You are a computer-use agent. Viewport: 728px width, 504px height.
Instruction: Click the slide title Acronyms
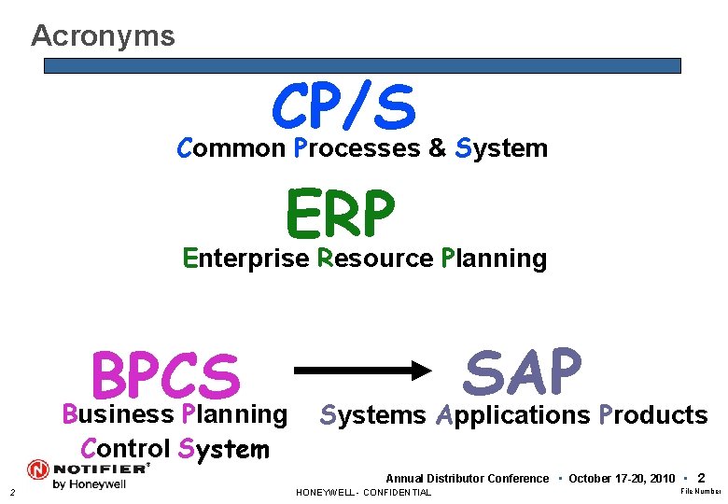click(103, 35)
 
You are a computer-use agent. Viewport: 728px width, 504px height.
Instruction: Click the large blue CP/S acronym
click(343, 105)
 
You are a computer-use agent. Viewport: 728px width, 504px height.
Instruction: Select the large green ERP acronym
click(341, 214)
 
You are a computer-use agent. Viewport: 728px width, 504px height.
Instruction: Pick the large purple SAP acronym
click(523, 371)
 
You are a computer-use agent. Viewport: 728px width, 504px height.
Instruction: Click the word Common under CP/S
click(231, 148)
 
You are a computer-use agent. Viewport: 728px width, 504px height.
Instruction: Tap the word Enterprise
click(245, 259)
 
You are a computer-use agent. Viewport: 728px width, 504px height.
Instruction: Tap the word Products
click(653, 415)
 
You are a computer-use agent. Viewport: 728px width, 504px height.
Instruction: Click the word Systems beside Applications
click(372, 415)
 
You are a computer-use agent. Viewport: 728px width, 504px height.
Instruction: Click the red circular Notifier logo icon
click(39, 469)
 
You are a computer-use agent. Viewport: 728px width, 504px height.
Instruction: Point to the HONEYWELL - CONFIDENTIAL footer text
click(363, 493)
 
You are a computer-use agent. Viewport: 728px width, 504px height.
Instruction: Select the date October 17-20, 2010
click(621, 479)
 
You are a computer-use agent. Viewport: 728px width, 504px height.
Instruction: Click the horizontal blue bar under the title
click(363, 66)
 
